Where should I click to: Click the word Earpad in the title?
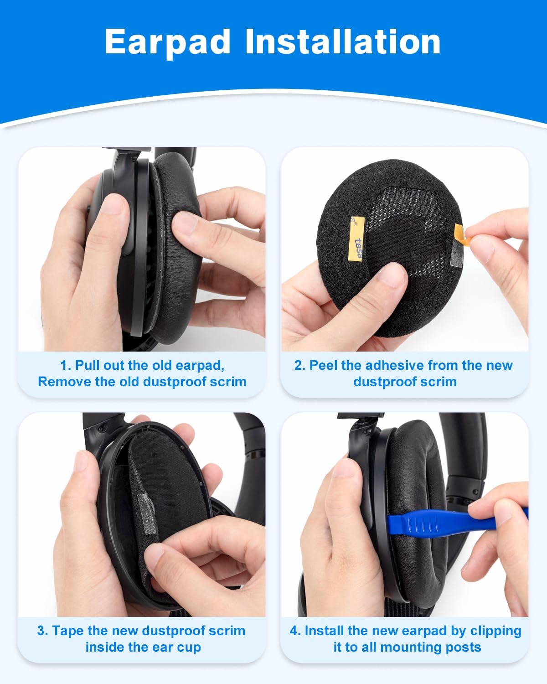pos(167,41)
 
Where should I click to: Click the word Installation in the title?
pos(343,41)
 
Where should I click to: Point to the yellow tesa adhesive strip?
pos(357,237)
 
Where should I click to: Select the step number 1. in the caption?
pos(66,365)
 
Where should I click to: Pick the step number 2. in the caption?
pos(299,365)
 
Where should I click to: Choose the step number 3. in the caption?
pos(42,631)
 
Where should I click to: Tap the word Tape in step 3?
pos(68,631)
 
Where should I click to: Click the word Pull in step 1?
pos(88,365)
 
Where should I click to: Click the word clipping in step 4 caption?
pos(495,631)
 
